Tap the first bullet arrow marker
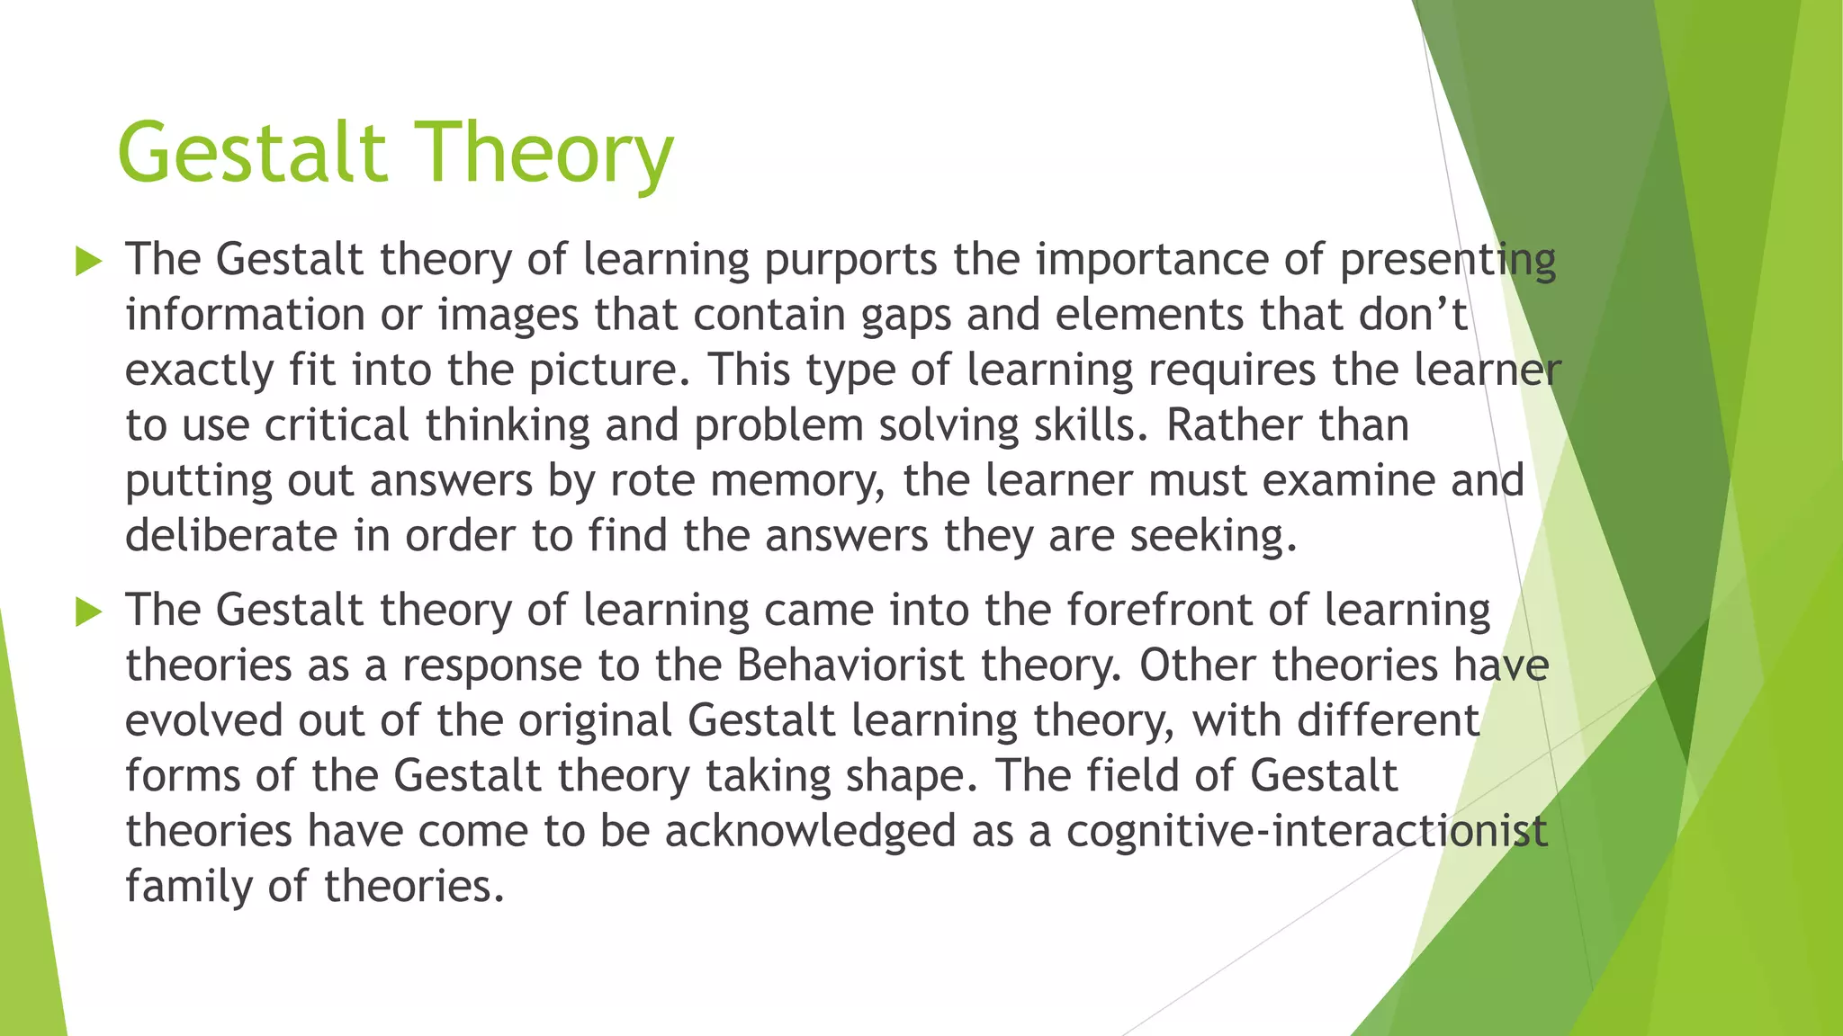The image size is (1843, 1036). (x=89, y=262)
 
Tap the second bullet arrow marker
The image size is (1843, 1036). (x=89, y=612)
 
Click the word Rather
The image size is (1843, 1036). (x=1234, y=425)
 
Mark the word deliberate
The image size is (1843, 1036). (x=231, y=536)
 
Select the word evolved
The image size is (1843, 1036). (x=204, y=721)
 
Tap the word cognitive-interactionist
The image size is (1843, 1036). (x=1307, y=831)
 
